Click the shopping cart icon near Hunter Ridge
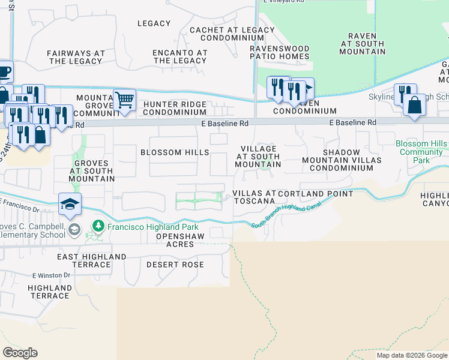click(x=124, y=100)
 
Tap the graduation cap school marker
click(x=70, y=204)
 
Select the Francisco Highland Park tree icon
click(x=98, y=227)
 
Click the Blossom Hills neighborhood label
click(x=169, y=152)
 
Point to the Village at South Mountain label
click(x=259, y=157)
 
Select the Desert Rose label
click(x=175, y=265)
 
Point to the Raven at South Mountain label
click(x=362, y=47)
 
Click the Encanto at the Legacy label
click(x=180, y=56)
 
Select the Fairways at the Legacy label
click(x=76, y=57)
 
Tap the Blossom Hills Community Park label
click(x=421, y=152)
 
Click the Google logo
click(x=20, y=353)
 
